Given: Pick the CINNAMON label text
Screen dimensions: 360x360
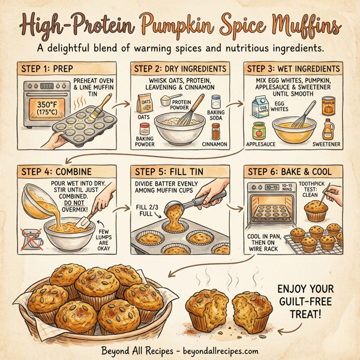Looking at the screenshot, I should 215,145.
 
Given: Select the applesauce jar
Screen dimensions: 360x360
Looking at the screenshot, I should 259,130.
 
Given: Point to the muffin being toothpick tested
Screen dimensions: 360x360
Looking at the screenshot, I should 317,211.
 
